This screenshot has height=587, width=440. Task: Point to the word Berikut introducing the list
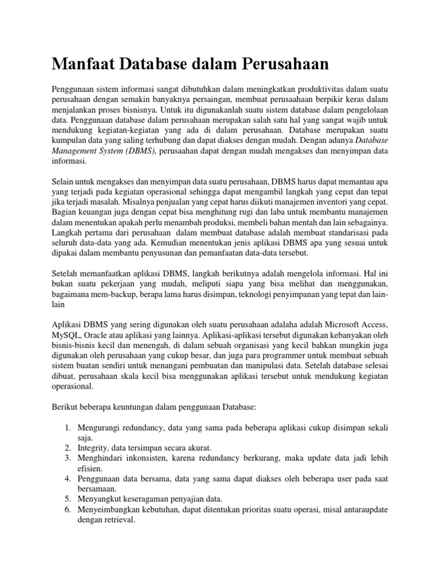65,408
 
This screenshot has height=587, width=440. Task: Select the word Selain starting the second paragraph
64,182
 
